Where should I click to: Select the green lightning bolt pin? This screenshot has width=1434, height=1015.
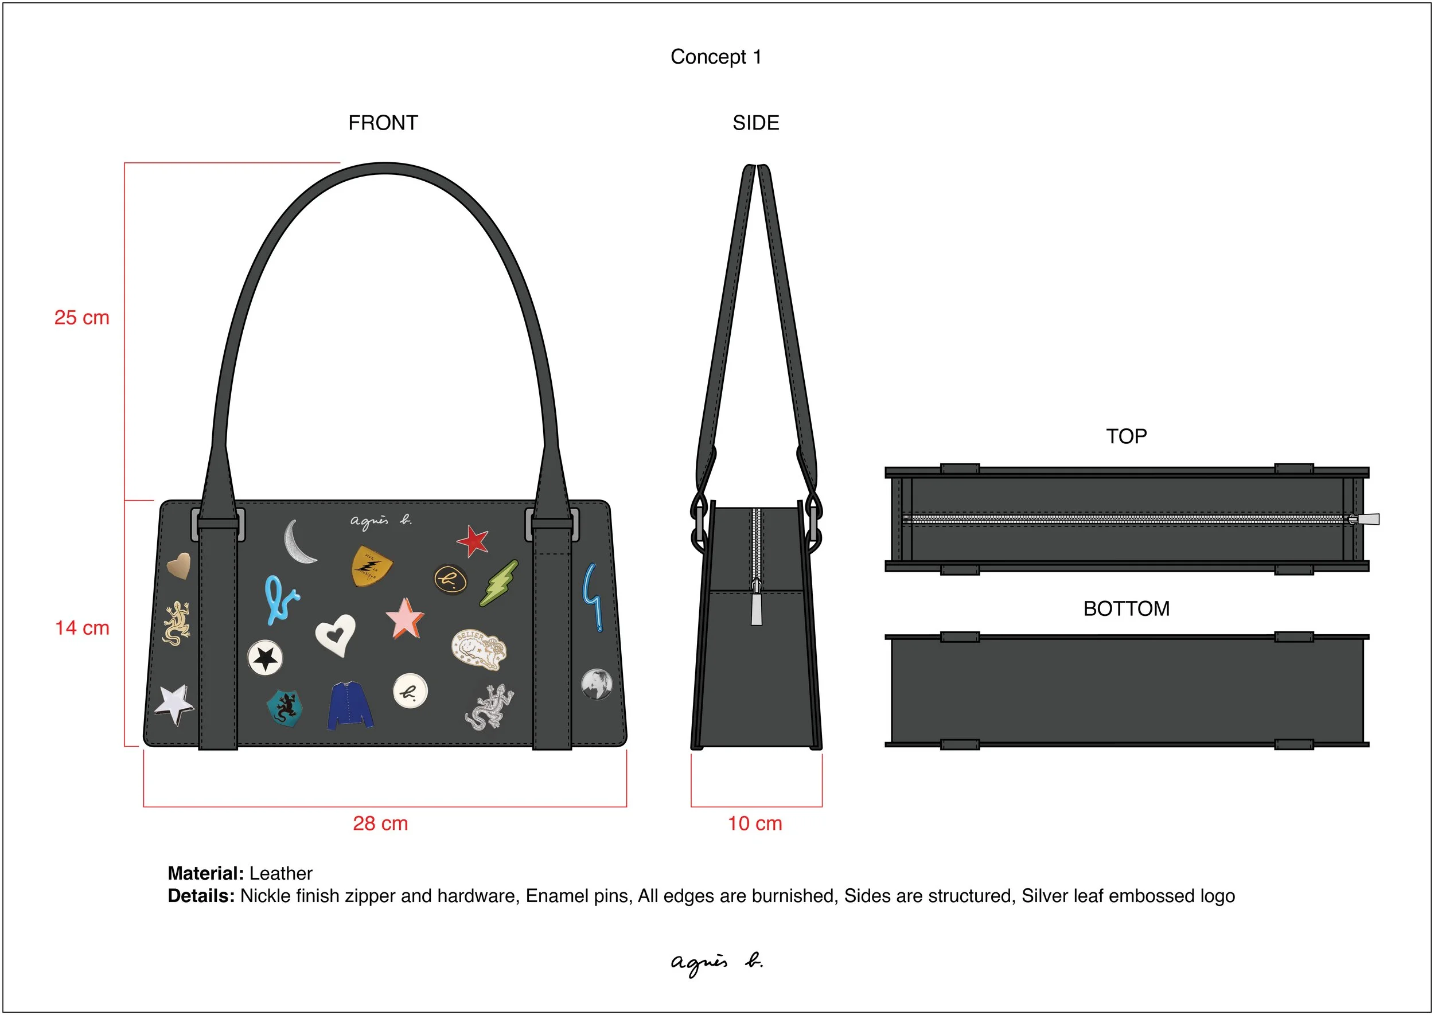pyautogui.click(x=500, y=583)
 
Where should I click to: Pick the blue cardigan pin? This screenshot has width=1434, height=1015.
pyautogui.click(x=350, y=705)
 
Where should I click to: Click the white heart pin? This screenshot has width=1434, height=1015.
pyautogui.click(x=336, y=634)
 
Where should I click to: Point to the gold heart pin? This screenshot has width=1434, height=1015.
pyautogui.click(x=179, y=565)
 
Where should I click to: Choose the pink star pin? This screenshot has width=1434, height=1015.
pyautogui.click(x=404, y=618)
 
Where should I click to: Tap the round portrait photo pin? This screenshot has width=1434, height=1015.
pyautogui.click(x=597, y=684)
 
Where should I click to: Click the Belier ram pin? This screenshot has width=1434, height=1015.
pyautogui.click(x=478, y=649)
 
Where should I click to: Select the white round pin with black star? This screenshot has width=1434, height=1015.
pyautogui.click(x=265, y=658)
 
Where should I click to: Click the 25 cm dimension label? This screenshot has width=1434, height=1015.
pyautogui.click(x=81, y=318)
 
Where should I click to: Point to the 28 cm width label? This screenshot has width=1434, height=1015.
pyautogui.click(x=380, y=823)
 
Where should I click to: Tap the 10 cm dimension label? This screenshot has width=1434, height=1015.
pyautogui.click(x=754, y=823)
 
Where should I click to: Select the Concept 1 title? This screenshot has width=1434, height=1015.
pyautogui.click(x=716, y=57)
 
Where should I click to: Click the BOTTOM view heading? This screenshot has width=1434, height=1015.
pyautogui.click(x=1126, y=608)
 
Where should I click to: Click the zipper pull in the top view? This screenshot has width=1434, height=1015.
pyautogui.click(x=1367, y=519)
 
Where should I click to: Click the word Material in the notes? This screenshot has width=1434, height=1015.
pyautogui.click(x=205, y=873)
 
